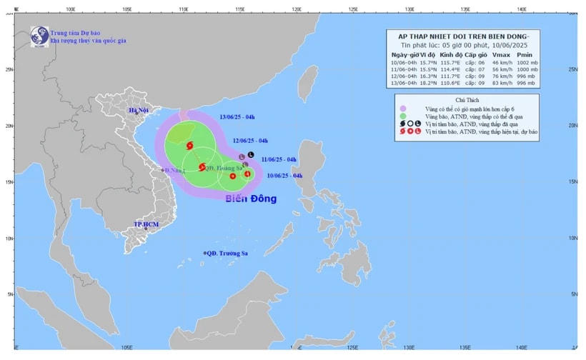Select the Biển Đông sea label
pyautogui.click(x=251, y=199)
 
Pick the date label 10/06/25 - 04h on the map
pyautogui.click(x=284, y=175)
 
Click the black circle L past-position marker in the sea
pyautogui.click(x=251, y=154)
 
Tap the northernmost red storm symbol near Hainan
pyautogui.click(x=189, y=146)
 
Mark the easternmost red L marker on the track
pyautogui.click(x=247, y=174)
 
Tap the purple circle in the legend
pyautogui.click(x=402, y=108)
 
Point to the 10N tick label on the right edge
pyautogui.click(x=572, y=238)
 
